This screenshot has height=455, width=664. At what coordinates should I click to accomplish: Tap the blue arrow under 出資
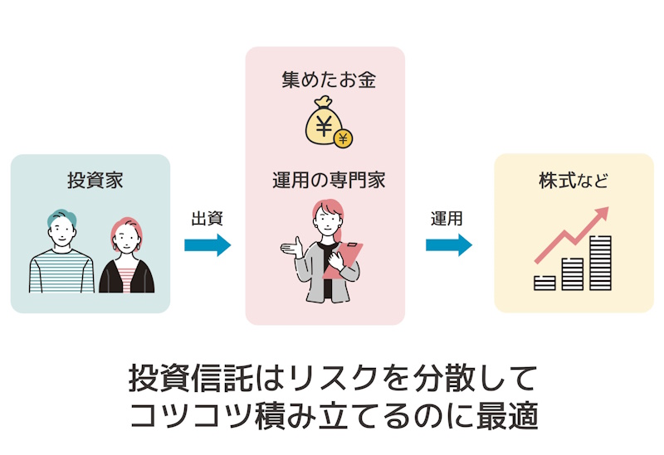[207, 244]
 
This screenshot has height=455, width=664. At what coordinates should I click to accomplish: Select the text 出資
[207, 219]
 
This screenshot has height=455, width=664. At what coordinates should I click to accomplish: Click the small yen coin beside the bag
[343, 137]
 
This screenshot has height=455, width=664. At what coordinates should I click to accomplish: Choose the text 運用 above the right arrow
[447, 219]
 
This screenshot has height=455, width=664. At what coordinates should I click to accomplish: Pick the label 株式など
[574, 180]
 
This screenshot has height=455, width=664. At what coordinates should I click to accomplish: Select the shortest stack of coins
[544, 283]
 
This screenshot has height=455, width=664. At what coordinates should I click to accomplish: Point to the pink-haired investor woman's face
[125, 241]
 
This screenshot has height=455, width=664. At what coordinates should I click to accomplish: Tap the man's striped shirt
[61, 273]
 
